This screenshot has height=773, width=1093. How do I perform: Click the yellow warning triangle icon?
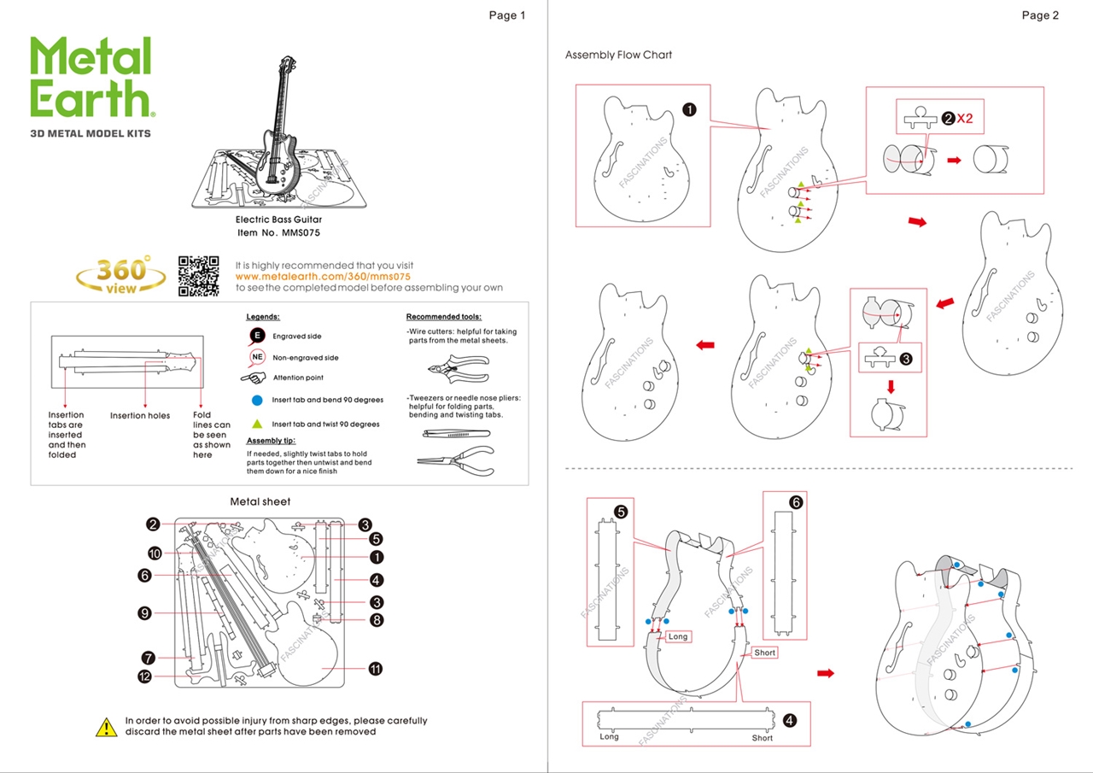(106, 727)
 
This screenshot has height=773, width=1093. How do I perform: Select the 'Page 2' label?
(1039, 15)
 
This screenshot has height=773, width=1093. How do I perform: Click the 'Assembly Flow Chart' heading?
(618, 55)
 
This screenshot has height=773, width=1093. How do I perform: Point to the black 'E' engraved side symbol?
(256, 336)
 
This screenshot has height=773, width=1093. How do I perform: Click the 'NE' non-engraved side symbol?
(256, 357)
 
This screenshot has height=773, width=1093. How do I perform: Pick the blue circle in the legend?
(256, 400)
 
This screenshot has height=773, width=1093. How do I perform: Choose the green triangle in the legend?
(256, 424)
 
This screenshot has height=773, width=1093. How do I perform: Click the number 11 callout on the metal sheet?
(376, 669)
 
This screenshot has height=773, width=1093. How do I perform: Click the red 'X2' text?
(965, 119)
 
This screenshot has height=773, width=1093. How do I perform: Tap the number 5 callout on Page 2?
(621, 512)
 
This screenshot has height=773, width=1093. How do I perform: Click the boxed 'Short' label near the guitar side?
(765, 653)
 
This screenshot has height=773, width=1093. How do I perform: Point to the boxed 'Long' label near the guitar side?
(678, 636)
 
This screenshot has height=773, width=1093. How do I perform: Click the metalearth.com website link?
(323, 277)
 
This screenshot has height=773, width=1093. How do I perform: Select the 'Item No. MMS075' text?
(278, 232)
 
